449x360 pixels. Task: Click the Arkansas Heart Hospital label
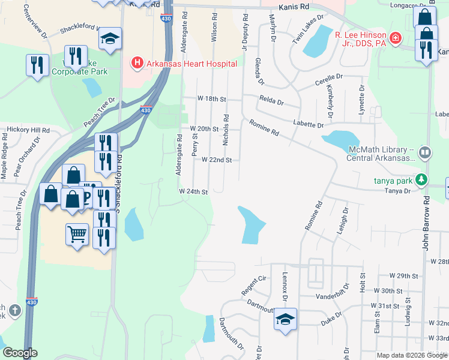191,64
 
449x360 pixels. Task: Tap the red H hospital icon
137,63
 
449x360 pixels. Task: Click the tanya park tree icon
422,179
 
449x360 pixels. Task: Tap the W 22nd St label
216,160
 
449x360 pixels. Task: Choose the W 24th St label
193,192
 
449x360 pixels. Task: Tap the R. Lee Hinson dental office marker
395,39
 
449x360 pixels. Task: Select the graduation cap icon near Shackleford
110,39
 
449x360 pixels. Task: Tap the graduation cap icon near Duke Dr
286,319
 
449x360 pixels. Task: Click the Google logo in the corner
20,353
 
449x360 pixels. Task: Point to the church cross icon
15,311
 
